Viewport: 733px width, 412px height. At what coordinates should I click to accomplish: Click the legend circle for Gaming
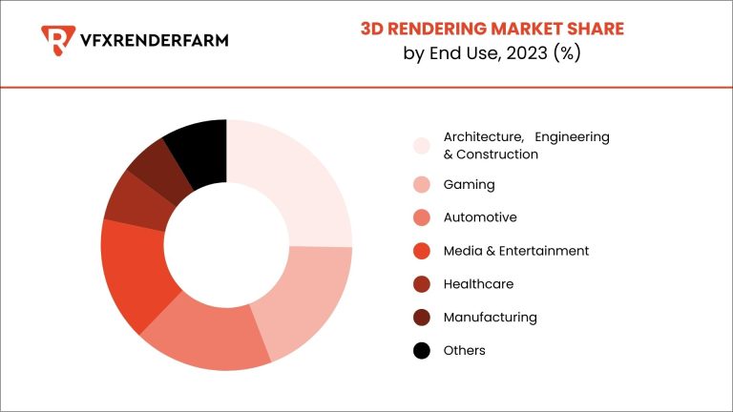(x=421, y=185)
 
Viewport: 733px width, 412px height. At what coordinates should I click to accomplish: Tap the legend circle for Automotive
(x=421, y=217)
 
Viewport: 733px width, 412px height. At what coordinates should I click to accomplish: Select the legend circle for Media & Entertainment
(x=421, y=251)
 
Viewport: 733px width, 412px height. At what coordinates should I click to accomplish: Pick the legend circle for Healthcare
(x=421, y=284)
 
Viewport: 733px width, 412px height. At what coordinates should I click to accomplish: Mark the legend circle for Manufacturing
(x=421, y=318)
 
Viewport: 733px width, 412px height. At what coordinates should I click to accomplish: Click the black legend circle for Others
(x=421, y=351)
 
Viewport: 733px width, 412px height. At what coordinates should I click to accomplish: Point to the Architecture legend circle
(x=421, y=145)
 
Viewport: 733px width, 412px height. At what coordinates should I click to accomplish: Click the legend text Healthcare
(x=476, y=284)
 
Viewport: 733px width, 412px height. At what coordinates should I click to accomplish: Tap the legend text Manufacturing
(x=490, y=318)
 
